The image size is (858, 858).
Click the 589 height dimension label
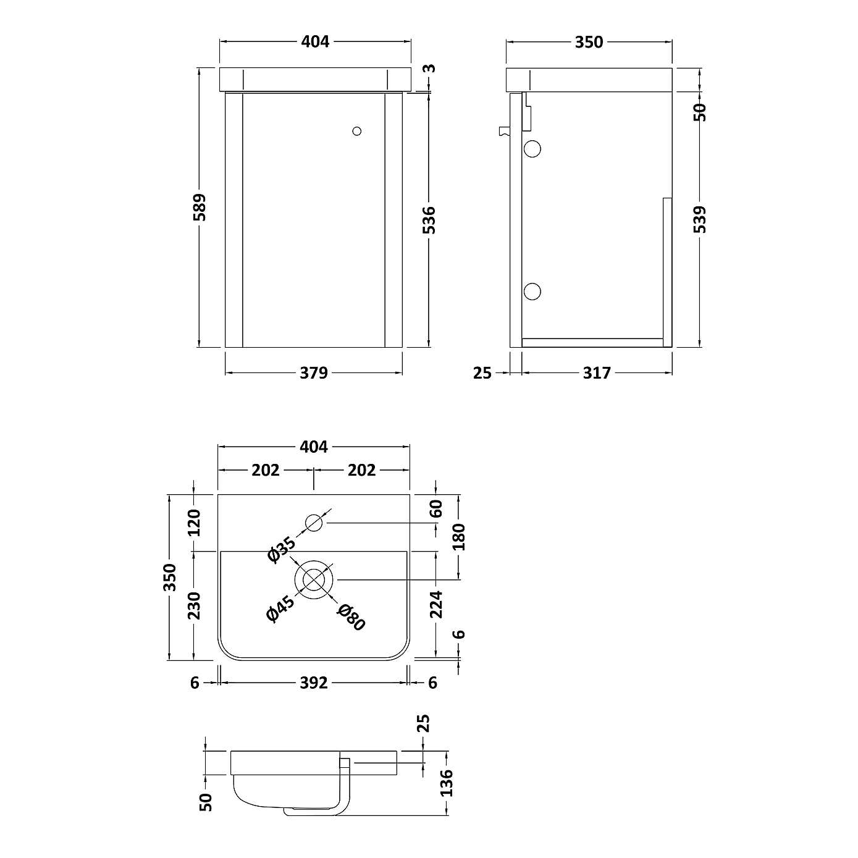(199, 207)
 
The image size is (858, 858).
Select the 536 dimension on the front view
(429, 220)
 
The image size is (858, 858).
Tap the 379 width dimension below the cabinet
(314, 373)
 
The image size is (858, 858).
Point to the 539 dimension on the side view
(700, 219)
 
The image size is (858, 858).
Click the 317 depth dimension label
(597, 373)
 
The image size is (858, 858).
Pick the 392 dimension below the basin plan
(314, 683)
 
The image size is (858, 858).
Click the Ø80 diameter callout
(351, 617)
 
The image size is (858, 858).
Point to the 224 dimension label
(437, 604)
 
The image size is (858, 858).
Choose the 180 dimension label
(458, 537)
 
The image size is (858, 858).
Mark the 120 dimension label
(195, 523)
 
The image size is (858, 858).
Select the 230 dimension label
(195, 605)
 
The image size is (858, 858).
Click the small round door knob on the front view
(356, 131)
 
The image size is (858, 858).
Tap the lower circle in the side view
(532, 291)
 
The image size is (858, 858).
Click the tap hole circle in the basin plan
(314, 523)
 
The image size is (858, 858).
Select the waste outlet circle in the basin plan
(314, 579)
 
